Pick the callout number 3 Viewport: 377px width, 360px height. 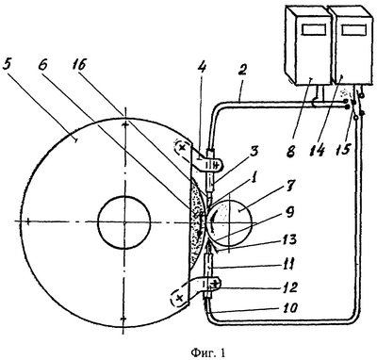[x=254, y=153]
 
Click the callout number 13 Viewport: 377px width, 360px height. [x=289, y=240]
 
